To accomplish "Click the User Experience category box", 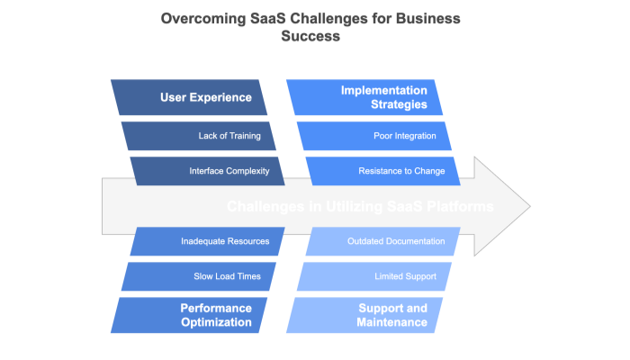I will tap(189, 98).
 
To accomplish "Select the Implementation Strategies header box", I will tap(364, 98).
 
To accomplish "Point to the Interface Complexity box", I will tap(207, 170).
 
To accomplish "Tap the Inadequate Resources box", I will tap(207, 241).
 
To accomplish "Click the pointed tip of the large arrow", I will tap(530, 206).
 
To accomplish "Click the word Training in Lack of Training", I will tap(241, 136).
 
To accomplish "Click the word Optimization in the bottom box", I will tap(216, 323).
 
